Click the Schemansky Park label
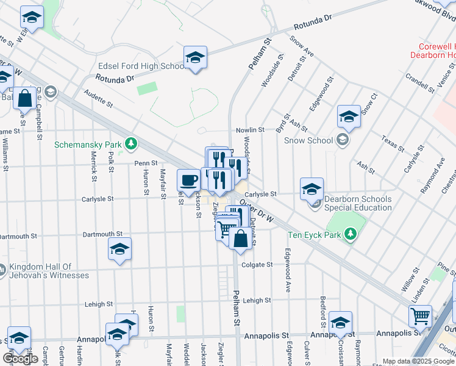coord(88,145)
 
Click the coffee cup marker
coord(189,180)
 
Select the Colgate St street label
coord(257,265)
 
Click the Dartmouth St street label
coord(103,234)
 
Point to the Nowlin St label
coord(251,130)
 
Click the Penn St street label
coord(146,163)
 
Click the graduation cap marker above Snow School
coord(349,117)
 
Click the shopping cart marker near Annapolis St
coord(421,316)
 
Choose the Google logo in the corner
coord(21,359)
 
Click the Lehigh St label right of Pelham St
coord(257,301)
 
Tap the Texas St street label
coord(393,144)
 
